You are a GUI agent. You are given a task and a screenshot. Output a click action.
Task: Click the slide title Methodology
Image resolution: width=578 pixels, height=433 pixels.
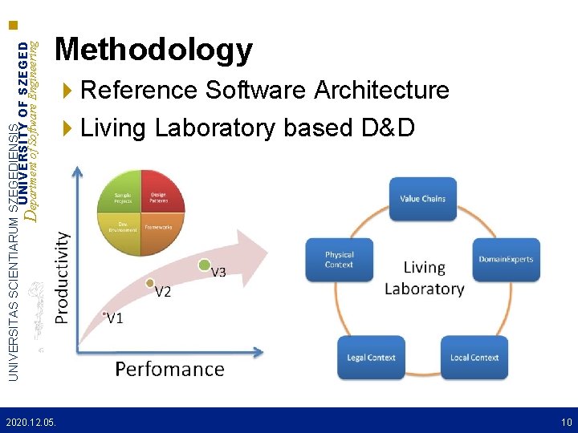[153, 50]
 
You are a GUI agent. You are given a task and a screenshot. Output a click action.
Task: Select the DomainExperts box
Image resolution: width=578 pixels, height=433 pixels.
[506, 259]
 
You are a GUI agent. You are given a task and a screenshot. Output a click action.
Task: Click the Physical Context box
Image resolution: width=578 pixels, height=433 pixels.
[339, 260]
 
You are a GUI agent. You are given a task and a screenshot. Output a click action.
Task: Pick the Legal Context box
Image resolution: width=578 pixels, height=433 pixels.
[371, 358]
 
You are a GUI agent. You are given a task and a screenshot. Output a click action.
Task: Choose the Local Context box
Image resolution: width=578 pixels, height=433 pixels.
[474, 358]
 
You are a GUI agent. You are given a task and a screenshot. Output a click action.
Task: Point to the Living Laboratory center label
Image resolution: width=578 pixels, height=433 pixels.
[424, 277]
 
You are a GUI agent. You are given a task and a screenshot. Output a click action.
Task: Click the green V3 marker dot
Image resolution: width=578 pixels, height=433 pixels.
[205, 264]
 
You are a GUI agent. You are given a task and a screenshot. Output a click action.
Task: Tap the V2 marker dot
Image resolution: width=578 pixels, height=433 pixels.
[150, 282]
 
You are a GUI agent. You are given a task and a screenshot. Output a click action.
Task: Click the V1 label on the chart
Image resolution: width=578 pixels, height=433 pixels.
[115, 318]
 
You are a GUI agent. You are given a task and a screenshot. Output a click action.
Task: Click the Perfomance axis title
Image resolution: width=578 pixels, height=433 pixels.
[169, 369]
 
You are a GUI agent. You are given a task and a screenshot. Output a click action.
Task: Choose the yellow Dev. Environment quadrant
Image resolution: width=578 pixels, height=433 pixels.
[123, 228]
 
